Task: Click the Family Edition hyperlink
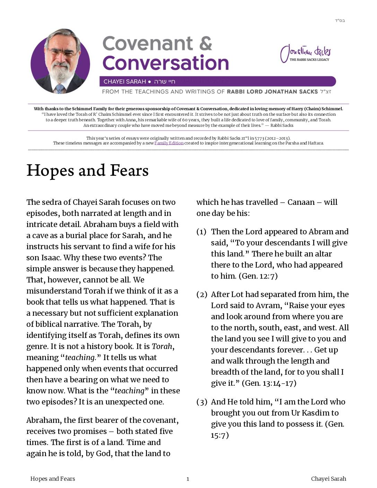tap(169, 143)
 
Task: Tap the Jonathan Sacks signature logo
tap(305, 53)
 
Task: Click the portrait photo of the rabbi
tap(60, 61)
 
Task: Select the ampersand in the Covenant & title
tap(205, 43)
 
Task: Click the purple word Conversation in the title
tap(166, 63)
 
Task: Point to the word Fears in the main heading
tap(129, 171)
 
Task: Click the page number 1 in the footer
tap(188, 479)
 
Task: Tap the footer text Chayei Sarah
tap(328, 479)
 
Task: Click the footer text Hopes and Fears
tap(53, 479)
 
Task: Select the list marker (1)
tap(201, 232)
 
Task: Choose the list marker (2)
tap(202, 294)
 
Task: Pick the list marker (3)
tap(202, 402)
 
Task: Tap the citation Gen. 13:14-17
tap(269, 383)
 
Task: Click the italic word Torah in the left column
tap(162, 346)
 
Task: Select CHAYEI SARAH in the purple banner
tap(125, 82)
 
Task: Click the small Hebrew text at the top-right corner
tap(340, 20)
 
